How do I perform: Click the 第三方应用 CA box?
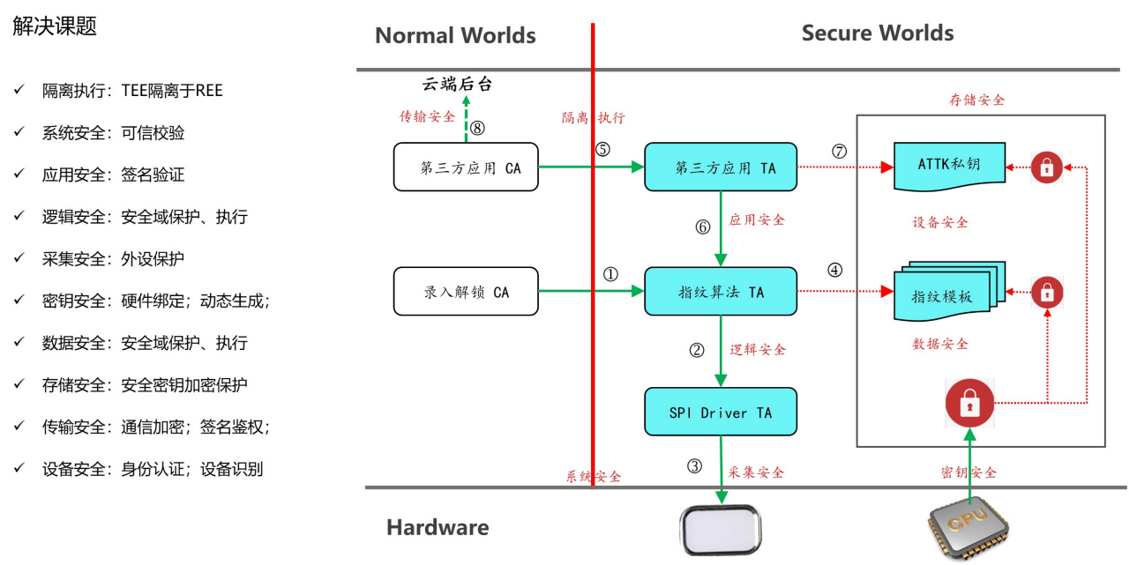point(465,167)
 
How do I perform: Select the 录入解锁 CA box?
point(465,292)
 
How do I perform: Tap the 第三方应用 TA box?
point(720,167)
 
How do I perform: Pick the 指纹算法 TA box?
point(720,292)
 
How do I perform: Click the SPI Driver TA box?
point(720,412)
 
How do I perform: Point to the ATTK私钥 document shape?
point(949,165)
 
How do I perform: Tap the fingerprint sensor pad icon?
point(720,529)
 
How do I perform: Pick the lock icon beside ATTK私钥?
point(1047,167)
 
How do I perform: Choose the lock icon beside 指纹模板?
point(1047,291)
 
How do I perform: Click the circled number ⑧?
point(477,128)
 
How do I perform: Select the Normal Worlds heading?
point(455,36)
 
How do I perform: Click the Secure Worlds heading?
point(877,33)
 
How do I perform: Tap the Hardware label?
point(437,528)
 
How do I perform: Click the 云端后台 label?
point(456,85)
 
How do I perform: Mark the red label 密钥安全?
point(968,472)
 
